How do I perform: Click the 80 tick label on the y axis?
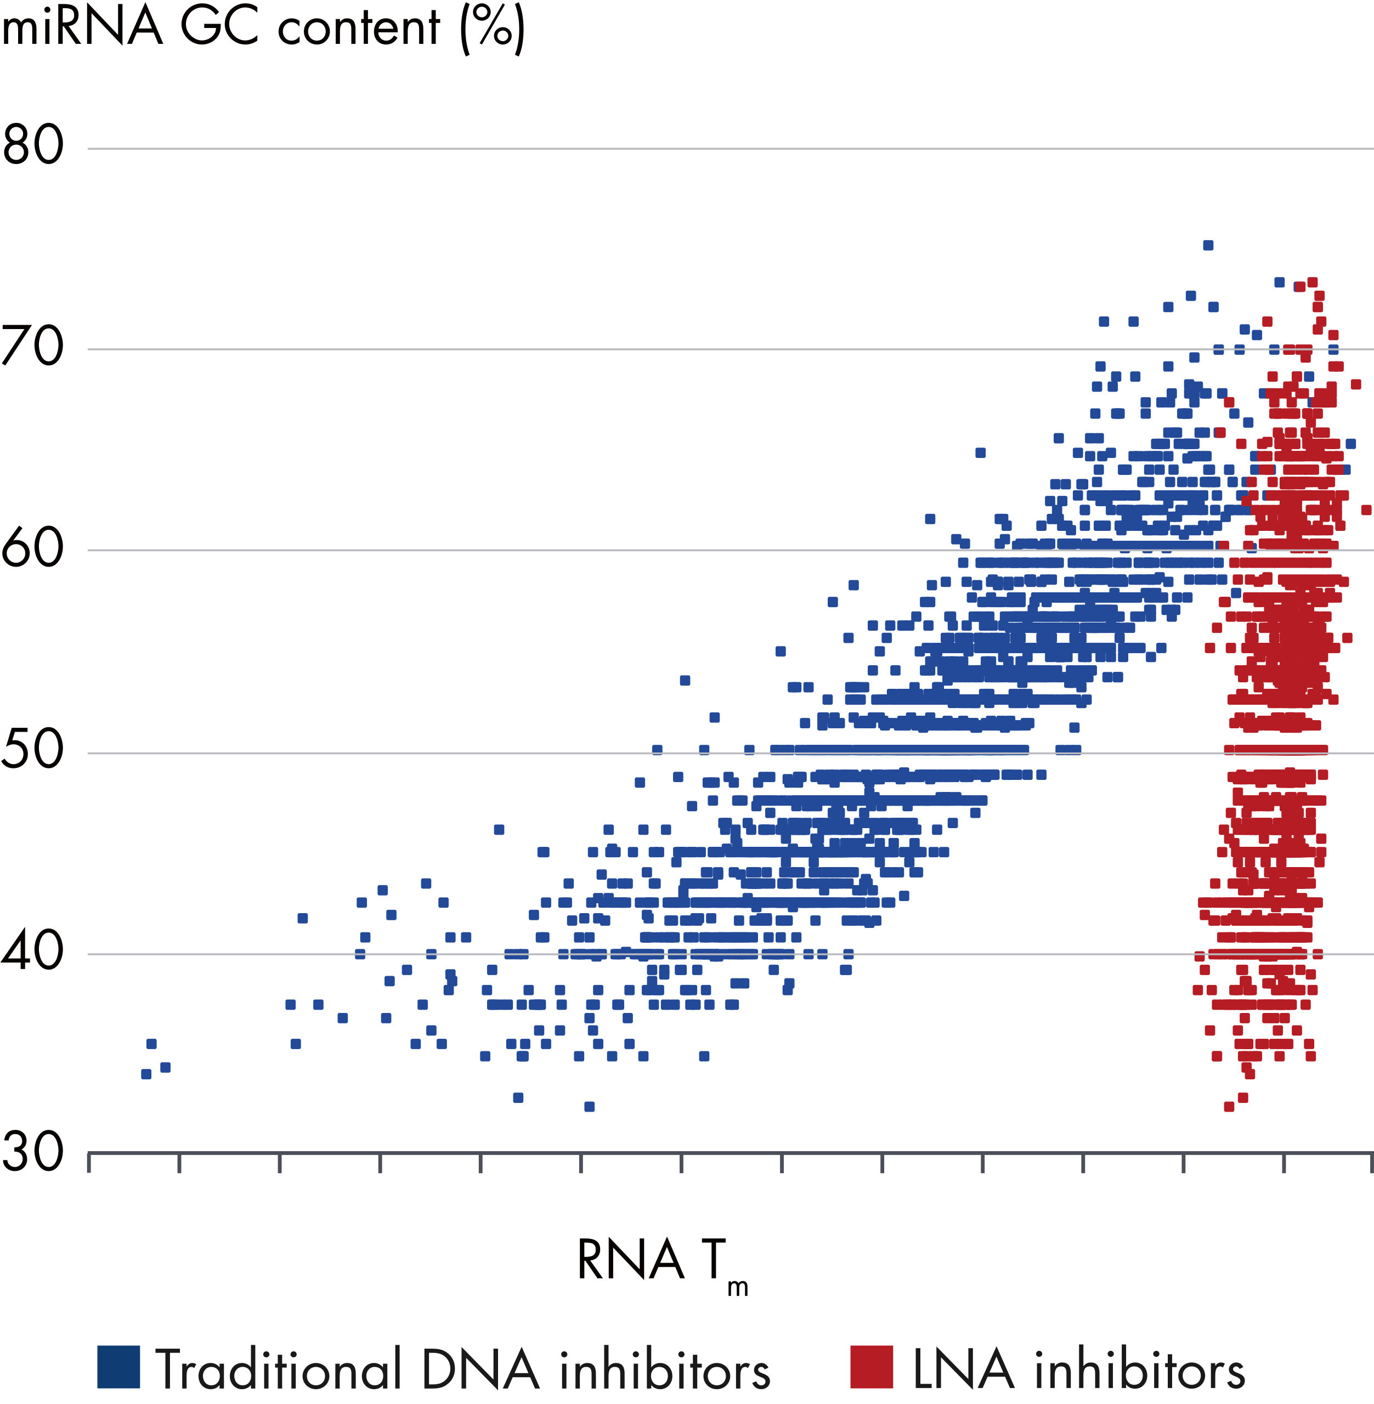point(32,144)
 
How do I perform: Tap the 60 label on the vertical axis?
point(32,548)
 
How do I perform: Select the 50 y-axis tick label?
point(32,750)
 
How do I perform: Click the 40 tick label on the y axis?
point(32,952)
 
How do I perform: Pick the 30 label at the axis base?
point(32,1152)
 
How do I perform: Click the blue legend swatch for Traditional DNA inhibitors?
point(118,1366)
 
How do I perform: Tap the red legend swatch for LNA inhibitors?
point(871,1366)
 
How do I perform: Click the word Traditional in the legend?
point(278,1369)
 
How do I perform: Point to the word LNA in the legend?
point(963,1369)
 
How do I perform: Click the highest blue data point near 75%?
point(1208,245)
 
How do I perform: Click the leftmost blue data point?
point(146,1073)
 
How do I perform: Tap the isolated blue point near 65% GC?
point(980,453)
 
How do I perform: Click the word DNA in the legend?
point(480,1369)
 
